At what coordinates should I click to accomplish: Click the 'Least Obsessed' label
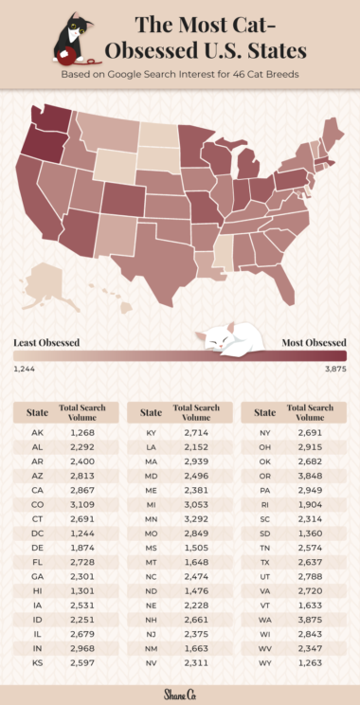pos(45,342)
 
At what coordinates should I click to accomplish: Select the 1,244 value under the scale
pos(25,369)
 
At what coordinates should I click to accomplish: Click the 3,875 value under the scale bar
pos(335,369)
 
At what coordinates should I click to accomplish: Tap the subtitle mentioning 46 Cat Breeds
pos(180,72)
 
